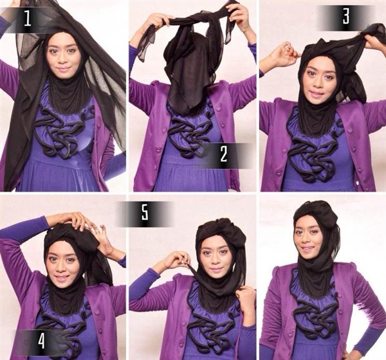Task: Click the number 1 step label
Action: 28,19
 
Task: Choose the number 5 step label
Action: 145,213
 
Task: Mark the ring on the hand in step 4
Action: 98,231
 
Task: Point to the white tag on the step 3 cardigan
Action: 358,183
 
